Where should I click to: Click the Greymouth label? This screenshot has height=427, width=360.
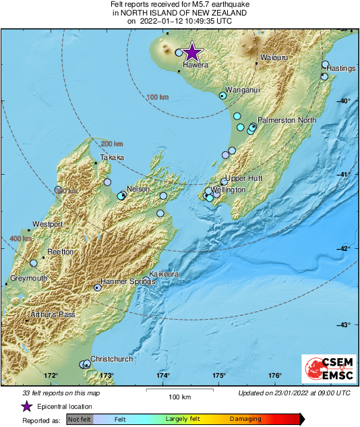click(x=28, y=278)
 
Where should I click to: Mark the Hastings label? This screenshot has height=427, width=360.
click(x=340, y=69)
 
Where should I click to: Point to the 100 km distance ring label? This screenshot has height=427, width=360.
click(x=156, y=97)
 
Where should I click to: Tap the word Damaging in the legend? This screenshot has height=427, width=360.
click(x=245, y=419)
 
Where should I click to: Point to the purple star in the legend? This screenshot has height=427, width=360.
click(x=26, y=406)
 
